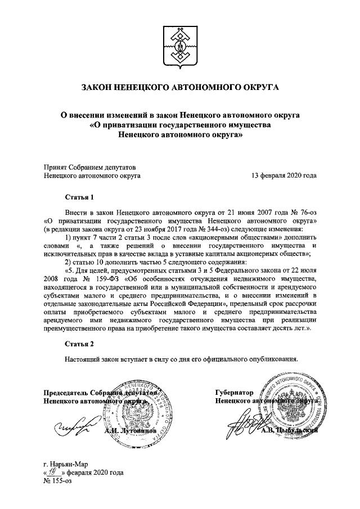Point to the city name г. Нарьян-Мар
pos(65,465)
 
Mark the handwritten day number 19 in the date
pos(55,472)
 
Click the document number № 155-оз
pos(58,481)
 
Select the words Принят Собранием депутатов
pos(89,167)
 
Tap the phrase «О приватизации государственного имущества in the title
pos(180,124)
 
